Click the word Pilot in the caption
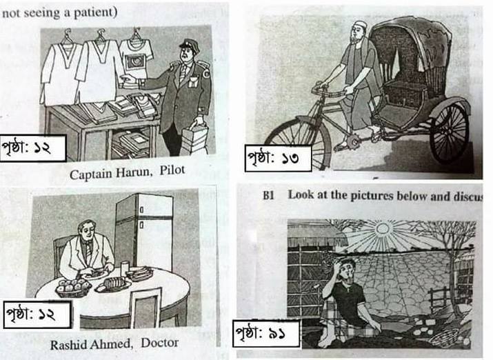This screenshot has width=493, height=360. click(172, 170)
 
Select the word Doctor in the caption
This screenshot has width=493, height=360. click(160, 342)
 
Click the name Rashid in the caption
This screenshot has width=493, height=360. click(68, 345)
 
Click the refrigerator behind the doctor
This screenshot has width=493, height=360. click(144, 232)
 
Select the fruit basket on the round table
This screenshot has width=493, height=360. click(73, 288)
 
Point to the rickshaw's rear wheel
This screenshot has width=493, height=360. click(449, 131)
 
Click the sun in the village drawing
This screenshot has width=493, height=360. click(382, 228)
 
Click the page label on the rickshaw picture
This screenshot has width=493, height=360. click(279, 158)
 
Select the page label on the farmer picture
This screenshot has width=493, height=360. click(266, 333)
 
